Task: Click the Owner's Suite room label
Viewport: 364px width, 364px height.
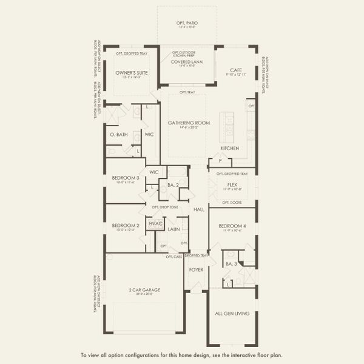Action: tap(128, 73)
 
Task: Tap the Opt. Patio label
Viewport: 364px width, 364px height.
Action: tap(188, 23)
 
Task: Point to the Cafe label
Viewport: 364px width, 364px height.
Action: tap(236, 70)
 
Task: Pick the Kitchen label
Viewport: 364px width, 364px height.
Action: tap(229, 148)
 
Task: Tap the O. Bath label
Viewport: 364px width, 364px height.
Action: tap(118, 134)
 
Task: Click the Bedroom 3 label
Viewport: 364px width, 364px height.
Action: tap(126, 178)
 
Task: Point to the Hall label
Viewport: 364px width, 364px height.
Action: tap(199, 209)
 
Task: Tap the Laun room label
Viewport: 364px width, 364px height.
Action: tap(174, 230)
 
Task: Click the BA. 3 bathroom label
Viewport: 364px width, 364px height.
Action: tap(231, 265)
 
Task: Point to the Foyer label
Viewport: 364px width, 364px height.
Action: tap(196, 269)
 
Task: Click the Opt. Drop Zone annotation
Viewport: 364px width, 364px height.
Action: tap(165, 207)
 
